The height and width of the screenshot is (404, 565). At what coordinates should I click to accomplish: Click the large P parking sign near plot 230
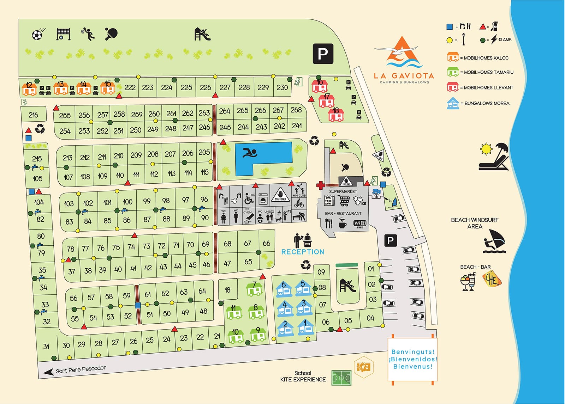(x=323, y=54)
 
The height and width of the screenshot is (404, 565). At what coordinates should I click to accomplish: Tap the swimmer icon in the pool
(x=250, y=153)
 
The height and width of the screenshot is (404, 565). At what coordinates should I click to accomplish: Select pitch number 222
(x=130, y=87)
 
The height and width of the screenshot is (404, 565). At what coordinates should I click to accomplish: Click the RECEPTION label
(x=303, y=252)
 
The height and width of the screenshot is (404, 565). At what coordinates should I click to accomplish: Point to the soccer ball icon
(x=37, y=34)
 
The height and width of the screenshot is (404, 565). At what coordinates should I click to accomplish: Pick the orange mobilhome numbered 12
(x=29, y=89)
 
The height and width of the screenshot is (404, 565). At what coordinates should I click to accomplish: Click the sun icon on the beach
(x=486, y=149)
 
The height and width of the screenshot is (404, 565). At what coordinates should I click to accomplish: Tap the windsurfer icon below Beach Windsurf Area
(x=494, y=241)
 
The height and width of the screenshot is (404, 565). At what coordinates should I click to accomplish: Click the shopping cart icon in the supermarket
(x=344, y=200)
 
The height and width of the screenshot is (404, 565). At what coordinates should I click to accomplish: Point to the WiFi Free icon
(x=360, y=224)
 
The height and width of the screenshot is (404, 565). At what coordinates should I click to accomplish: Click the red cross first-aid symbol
(x=320, y=185)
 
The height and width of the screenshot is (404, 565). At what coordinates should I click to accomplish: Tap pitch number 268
(x=296, y=110)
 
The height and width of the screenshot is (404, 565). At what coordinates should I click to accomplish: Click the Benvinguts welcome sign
(x=412, y=359)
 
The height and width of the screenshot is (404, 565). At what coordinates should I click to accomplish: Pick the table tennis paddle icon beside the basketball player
(x=111, y=34)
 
